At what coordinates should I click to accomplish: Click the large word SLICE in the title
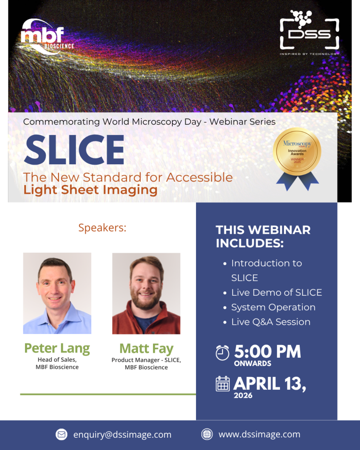click(74, 149)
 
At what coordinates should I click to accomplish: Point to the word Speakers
click(102, 228)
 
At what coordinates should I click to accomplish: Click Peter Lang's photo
click(57, 293)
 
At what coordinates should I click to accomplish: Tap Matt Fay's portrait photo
click(146, 293)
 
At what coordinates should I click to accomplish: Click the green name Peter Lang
click(57, 348)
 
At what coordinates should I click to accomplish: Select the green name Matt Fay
click(146, 348)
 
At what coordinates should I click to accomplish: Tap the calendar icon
click(223, 384)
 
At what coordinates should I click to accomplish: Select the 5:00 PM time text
click(267, 352)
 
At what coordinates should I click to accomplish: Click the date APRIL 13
click(269, 383)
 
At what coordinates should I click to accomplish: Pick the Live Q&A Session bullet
click(270, 322)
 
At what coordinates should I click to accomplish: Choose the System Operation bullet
click(273, 307)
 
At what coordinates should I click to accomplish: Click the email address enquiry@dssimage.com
click(122, 435)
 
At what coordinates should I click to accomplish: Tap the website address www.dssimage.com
click(259, 434)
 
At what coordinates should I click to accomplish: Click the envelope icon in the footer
click(62, 435)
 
